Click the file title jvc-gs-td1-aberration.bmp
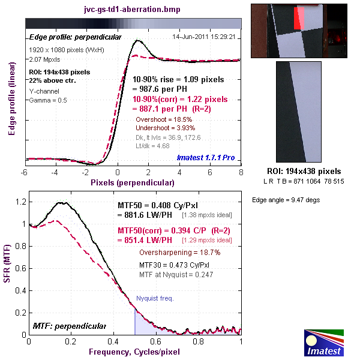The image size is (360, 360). (133, 10)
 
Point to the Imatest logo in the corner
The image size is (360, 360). (324, 340)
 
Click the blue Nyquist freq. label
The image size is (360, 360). (155, 298)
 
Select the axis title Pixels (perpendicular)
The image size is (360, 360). (133, 181)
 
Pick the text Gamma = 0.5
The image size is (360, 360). (48, 100)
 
